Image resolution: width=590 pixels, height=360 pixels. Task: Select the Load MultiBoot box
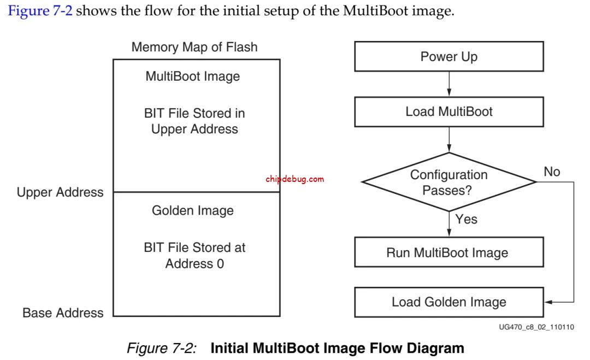[x=449, y=112]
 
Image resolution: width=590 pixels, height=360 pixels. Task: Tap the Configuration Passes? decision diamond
[x=449, y=182]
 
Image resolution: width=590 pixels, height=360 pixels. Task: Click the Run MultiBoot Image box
[x=449, y=253]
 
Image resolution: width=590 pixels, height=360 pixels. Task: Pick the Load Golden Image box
[x=449, y=302]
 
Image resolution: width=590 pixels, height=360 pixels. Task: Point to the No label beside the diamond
[x=552, y=172]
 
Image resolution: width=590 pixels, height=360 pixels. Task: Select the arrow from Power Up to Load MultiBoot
[x=449, y=85]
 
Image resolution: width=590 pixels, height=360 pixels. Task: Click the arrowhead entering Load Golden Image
[x=548, y=302]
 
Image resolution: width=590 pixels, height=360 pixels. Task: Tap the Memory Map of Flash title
[x=194, y=48]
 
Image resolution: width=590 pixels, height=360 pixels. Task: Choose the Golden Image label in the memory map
[x=192, y=210]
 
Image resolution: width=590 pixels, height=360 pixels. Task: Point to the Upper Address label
[x=60, y=192]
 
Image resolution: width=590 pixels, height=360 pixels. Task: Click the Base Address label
[x=63, y=313]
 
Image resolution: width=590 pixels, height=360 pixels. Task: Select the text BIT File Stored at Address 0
[x=194, y=255]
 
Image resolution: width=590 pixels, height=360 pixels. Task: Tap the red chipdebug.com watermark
[x=294, y=179]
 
